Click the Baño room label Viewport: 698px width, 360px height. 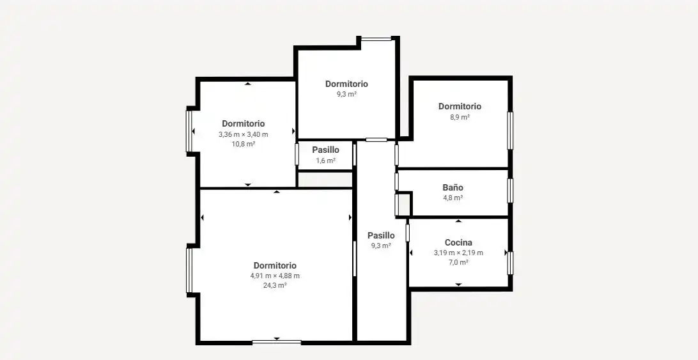pyautogui.click(x=453, y=187)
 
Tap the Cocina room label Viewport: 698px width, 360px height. pyautogui.click(x=458, y=243)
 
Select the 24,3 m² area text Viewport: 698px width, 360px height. pyautogui.click(x=275, y=286)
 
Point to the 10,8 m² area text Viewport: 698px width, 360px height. pyautogui.click(x=243, y=144)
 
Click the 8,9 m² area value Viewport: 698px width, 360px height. pyautogui.click(x=460, y=117)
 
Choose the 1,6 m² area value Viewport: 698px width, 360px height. pyautogui.click(x=325, y=161)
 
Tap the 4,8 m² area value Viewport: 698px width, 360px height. pyautogui.click(x=453, y=198)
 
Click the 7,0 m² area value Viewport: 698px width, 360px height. pyautogui.click(x=458, y=262)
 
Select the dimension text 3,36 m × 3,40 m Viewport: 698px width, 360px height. pyautogui.click(x=243, y=134)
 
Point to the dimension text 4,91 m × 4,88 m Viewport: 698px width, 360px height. pyautogui.click(x=275, y=276)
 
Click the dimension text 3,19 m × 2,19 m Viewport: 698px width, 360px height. pyautogui.click(x=458, y=253)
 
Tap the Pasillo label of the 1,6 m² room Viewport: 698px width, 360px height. pyautogui.click(x=325, y=150)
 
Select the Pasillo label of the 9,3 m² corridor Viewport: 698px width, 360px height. pyautogui.click(x=381, y=235)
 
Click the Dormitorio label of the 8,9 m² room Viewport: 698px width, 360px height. pyautogui.click(x=460, y=107)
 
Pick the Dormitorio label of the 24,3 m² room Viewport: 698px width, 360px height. pyautogui.click(x=275, y=266)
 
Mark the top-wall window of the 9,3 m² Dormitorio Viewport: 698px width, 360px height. pyautogui.click(x=376, y=39)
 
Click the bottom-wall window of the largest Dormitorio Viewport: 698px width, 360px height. pyautogui.click(x=276, y=342)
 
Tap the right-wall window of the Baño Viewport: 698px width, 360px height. pyautogui.click(x=510, y=191)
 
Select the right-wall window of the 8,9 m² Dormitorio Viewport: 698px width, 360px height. pyautogui.click(x=510, y=130)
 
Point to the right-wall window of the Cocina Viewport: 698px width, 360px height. pyautogui.click(x=510, y=263)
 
